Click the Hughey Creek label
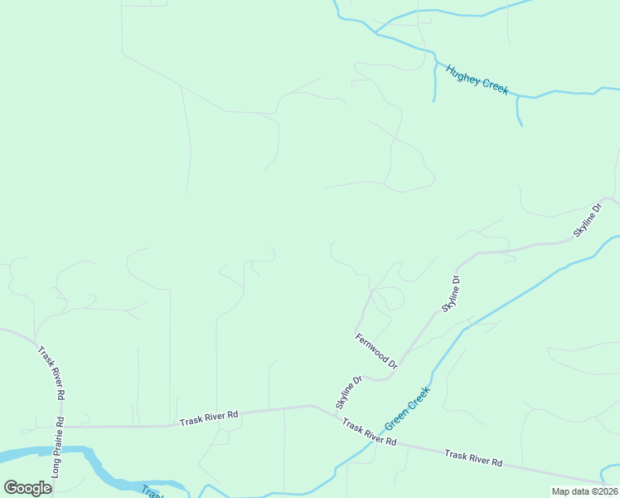(477, 80)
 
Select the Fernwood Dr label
(376, 350)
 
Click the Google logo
(27, 488)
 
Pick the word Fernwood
(372, 347)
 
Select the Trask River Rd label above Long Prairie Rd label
(51, 373)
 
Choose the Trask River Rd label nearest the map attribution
(473, 457)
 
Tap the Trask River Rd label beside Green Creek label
(370, 432)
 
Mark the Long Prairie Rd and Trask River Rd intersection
(61, 427)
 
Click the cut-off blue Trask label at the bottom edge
(150, 491)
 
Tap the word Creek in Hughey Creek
(494, 87)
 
